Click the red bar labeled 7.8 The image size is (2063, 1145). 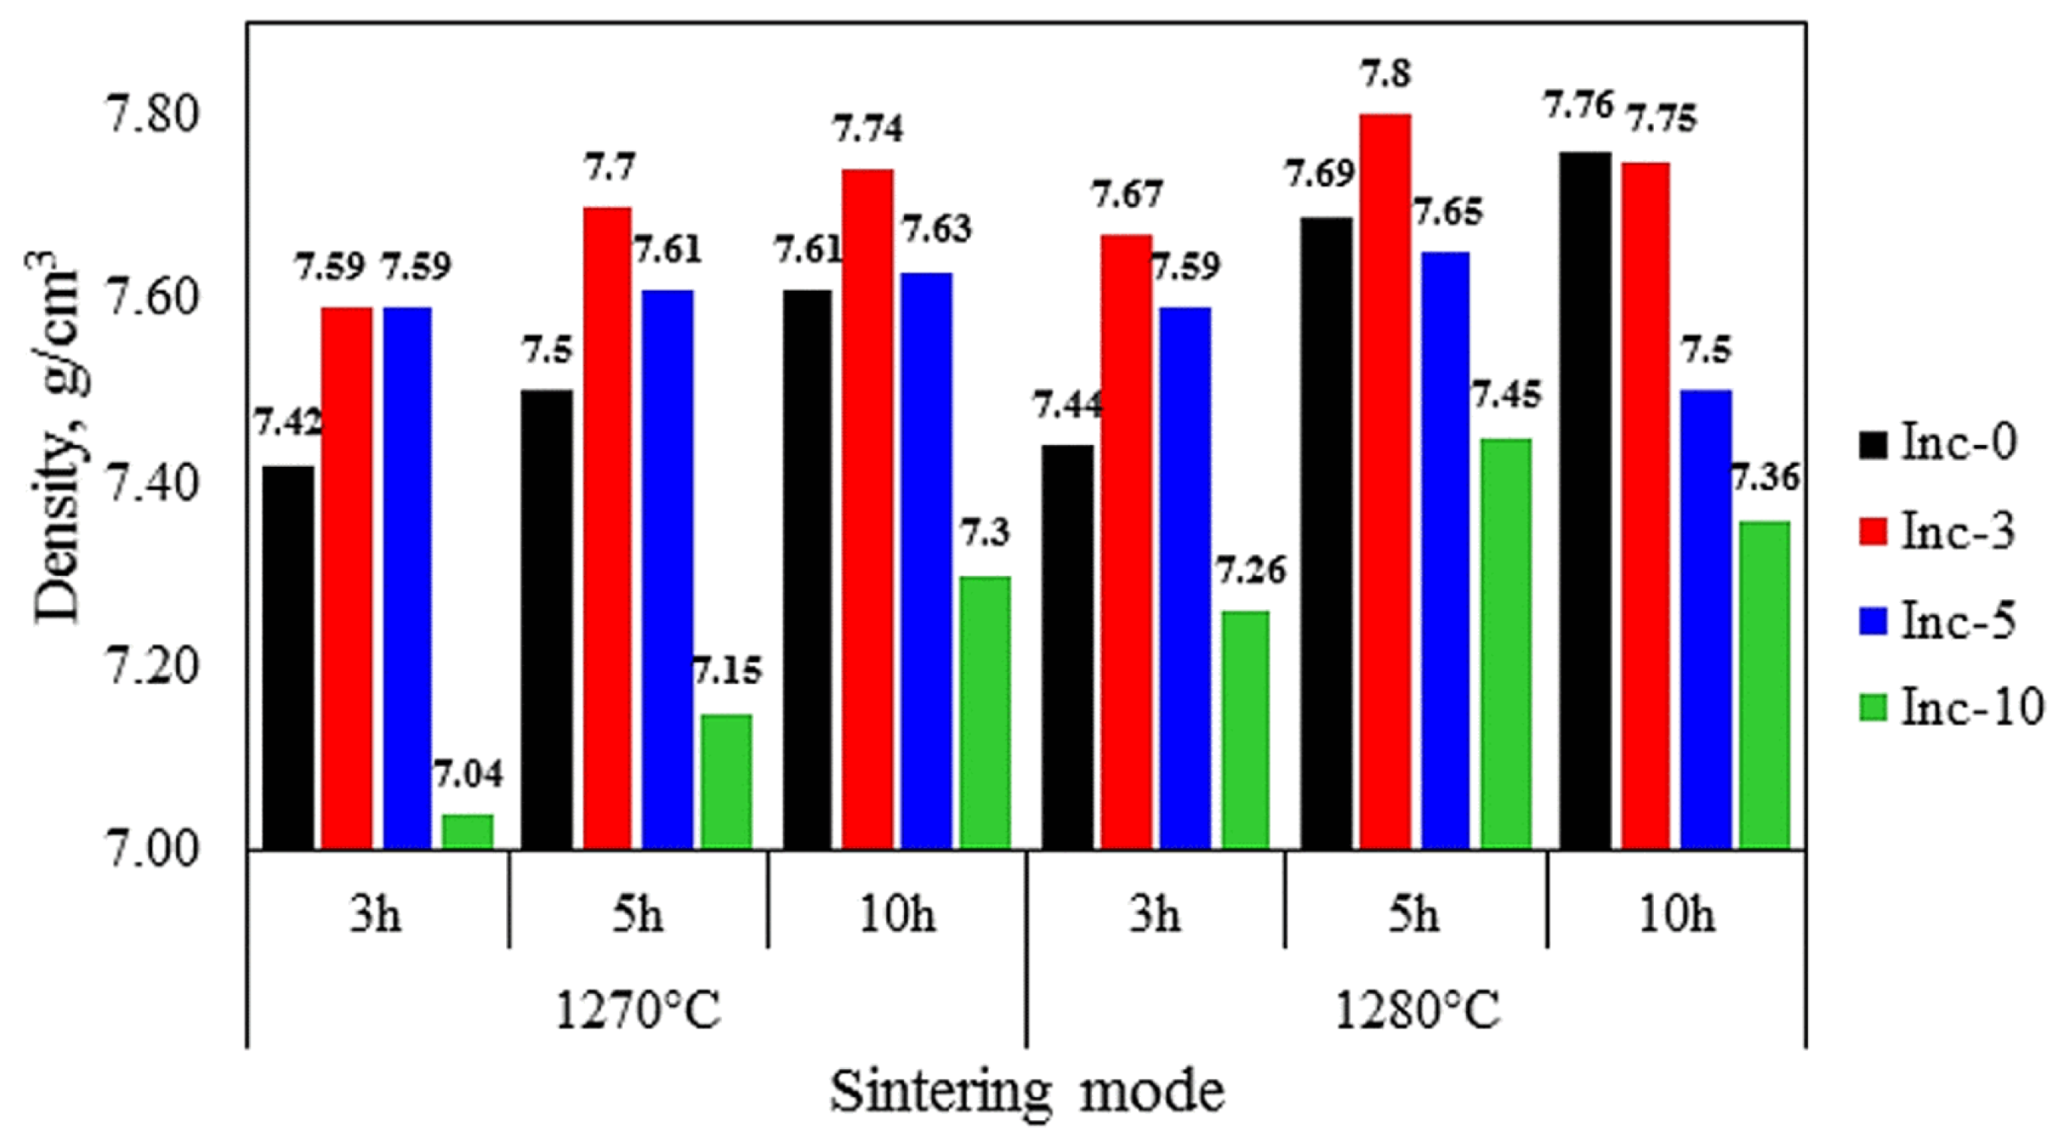1385,480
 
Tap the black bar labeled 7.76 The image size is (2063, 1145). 1585,500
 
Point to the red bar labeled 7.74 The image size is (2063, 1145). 867,508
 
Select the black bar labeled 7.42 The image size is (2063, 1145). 288,656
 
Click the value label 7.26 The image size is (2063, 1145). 1250,571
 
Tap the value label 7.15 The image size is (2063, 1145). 727,671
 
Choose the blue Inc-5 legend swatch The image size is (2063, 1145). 1873,621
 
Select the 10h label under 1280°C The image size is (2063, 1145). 1676,914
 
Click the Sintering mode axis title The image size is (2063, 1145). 1027,1092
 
